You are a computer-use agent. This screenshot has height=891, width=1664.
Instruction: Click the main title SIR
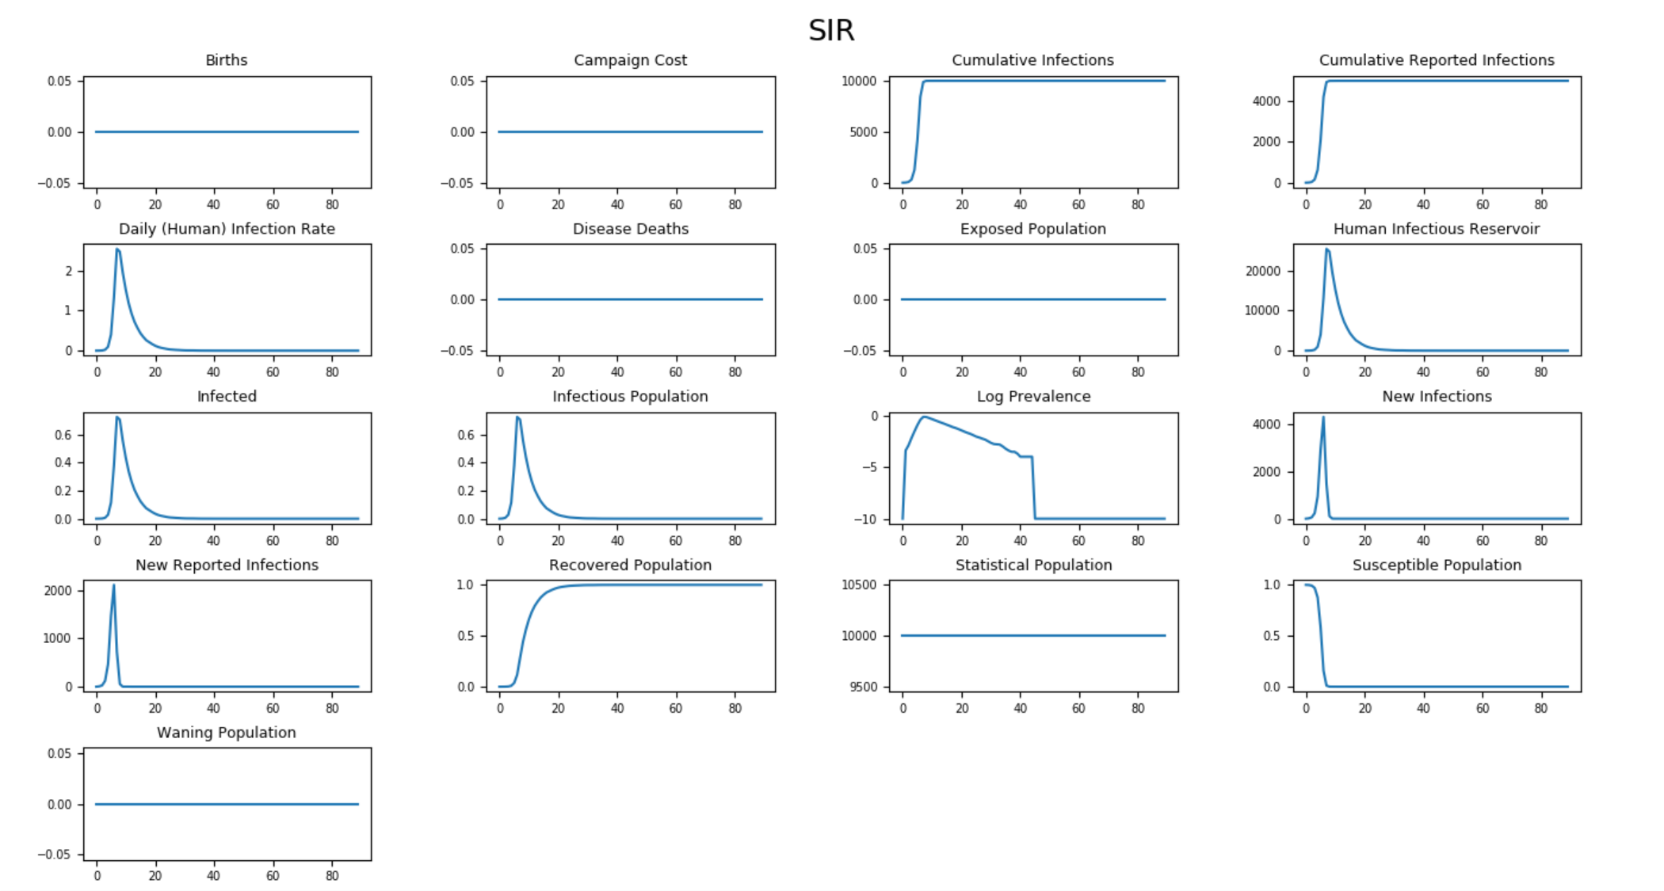831,30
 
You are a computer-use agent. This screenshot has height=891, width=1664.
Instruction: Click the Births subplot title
226,60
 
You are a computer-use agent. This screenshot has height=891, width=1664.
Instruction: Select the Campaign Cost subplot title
630,60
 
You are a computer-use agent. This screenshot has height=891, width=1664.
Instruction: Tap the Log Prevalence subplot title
1033,396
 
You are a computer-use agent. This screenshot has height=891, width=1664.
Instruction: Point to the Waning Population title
226,733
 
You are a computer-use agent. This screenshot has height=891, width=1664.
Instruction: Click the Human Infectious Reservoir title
1436,229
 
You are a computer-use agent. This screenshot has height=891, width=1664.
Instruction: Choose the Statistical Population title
1033,565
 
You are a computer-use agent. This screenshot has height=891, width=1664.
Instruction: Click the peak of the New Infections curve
1322,417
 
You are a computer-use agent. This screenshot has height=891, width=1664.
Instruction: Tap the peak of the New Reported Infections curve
113,585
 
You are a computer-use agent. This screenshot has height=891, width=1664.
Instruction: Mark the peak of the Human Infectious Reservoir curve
1326,249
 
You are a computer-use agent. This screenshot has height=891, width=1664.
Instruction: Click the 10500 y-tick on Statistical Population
859,585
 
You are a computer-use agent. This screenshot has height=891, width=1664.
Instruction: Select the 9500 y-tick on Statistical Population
863,687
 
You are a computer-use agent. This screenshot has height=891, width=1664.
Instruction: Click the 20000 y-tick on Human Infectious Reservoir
1262,271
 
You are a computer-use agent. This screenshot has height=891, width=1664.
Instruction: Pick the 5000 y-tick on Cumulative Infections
863,132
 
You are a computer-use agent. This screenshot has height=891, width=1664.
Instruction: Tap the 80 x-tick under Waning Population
332,876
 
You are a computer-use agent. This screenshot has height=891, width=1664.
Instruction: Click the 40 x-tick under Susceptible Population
1423,708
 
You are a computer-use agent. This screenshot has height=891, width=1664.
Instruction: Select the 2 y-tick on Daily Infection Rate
69,271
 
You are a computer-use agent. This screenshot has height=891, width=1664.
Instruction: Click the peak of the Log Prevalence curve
924,417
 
